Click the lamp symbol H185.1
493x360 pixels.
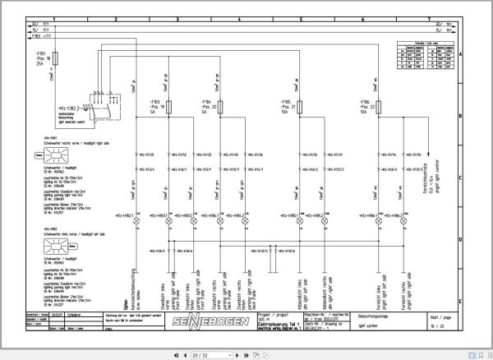coord(298,215)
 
